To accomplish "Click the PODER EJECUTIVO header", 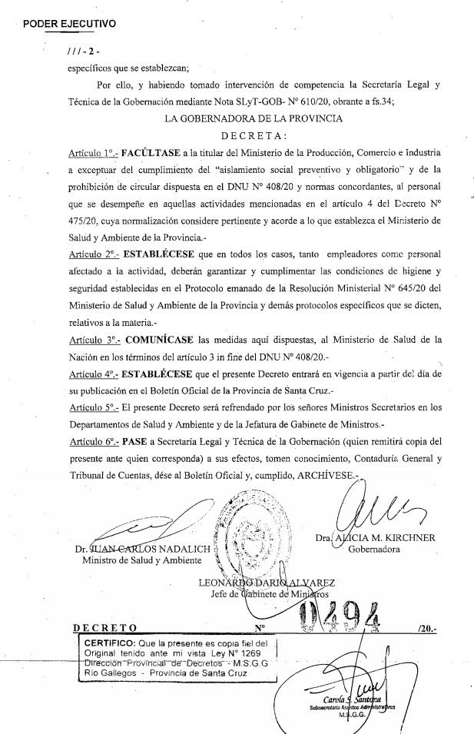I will tap(69, 24).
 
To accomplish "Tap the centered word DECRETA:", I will tap(263, 135).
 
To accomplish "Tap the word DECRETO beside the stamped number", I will tap(104, 628).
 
